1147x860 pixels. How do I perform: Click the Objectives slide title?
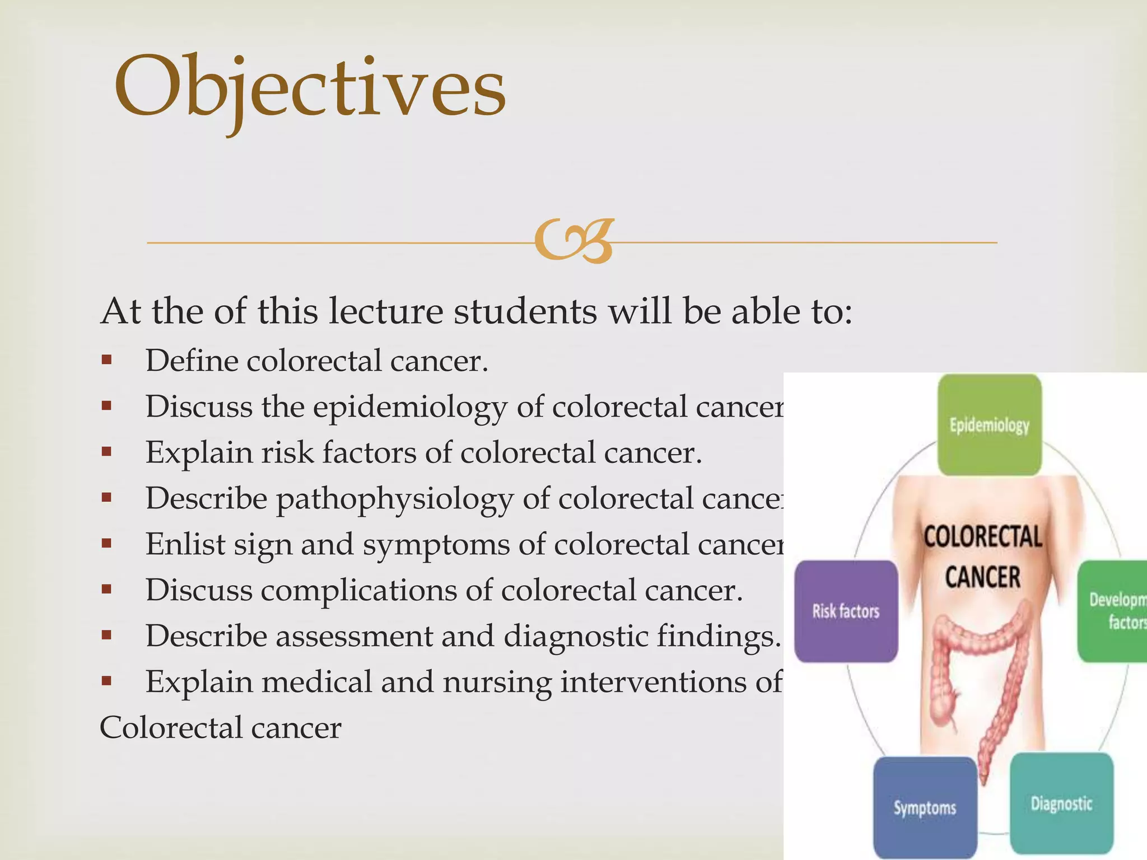click(310, 88)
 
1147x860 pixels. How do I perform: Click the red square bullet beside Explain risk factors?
click(106, 452)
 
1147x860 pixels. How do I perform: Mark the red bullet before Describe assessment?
click(106, 635)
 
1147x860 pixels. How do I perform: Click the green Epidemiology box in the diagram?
click(989, 425)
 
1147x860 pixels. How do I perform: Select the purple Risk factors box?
click(846, 611)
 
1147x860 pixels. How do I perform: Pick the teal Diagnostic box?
click(1061, 803)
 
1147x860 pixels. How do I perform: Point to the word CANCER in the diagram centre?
click(983, 577)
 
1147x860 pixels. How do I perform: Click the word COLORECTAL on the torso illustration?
click(983, 537)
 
